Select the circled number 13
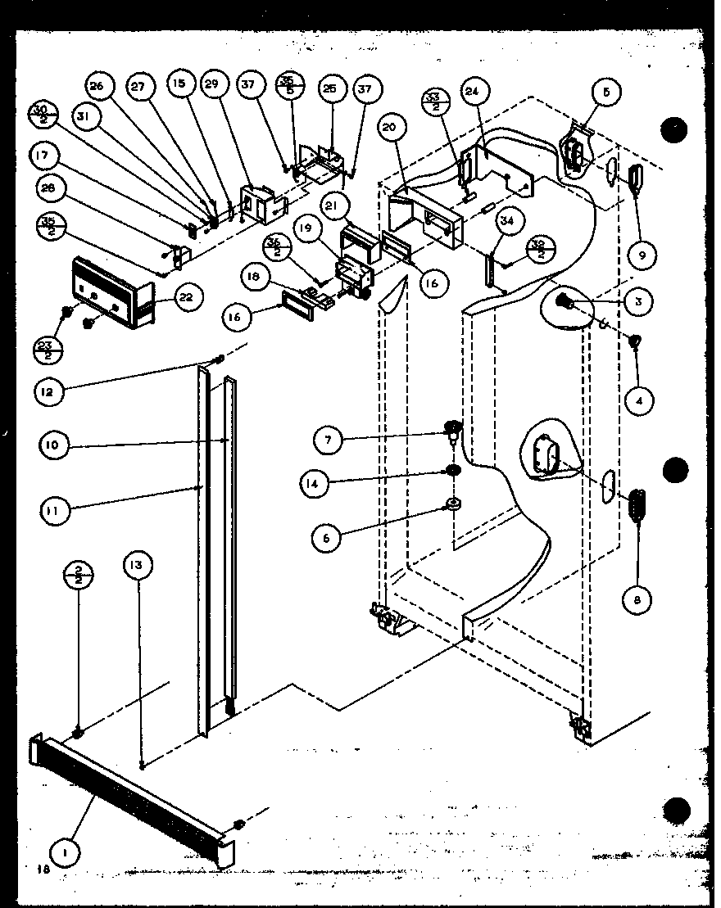point(140,566)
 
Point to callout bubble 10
point(53,446)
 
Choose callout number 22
point(185,297)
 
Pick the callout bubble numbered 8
point(637,600)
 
